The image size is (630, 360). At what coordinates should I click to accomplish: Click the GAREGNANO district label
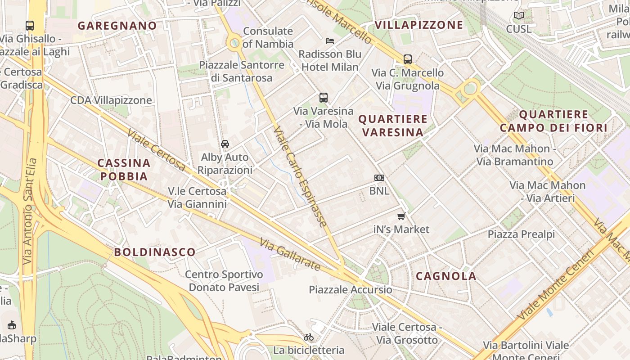(x=117, y=26)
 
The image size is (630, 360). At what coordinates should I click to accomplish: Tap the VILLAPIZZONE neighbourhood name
(x=418, y=25)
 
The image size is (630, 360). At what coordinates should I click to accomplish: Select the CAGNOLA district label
(x=446, y=276)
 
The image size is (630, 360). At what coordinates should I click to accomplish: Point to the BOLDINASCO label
(x=155, y=252)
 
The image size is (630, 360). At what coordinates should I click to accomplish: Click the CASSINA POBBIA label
(x=124, y=169)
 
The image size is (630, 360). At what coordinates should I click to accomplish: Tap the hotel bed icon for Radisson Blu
(x=330, y=41)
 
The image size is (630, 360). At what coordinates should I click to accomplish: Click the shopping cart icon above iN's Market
(x=401, y=216)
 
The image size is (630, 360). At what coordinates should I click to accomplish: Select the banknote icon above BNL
(x=379, y=178)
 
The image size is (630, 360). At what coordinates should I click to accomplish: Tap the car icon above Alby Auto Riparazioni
(x=225, y=144)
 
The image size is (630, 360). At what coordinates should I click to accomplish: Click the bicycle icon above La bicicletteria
(x=309, y=337)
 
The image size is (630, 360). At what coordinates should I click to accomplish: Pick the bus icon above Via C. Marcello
(x=408, y=59)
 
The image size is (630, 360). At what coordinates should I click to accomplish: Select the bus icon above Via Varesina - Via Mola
(x=324, y=98)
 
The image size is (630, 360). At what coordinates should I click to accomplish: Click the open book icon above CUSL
(x=519, y=16)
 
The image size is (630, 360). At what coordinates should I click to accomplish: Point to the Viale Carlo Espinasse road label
(x=300, y=176)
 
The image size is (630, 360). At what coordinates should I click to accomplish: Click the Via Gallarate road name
(x=290, y=254)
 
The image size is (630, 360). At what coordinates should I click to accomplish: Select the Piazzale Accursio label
(x=351, y=289)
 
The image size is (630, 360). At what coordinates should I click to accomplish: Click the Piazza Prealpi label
(x=521, y=234)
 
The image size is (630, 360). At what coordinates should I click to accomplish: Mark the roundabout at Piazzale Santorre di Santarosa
(x=234, y=44)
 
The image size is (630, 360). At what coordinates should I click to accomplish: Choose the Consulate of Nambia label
(x=268, y=37)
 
